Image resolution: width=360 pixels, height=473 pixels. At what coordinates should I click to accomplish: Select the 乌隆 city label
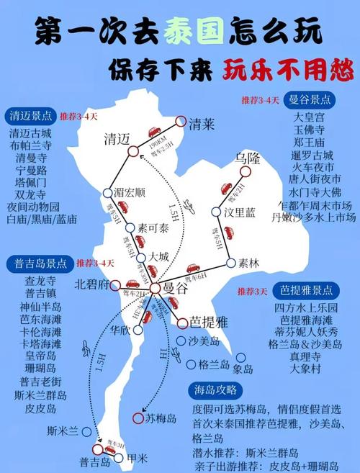(246, 158)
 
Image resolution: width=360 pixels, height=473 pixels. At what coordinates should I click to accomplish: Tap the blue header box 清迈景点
(32, 115)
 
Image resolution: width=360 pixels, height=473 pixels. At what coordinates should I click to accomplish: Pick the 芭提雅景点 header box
(307, 291)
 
